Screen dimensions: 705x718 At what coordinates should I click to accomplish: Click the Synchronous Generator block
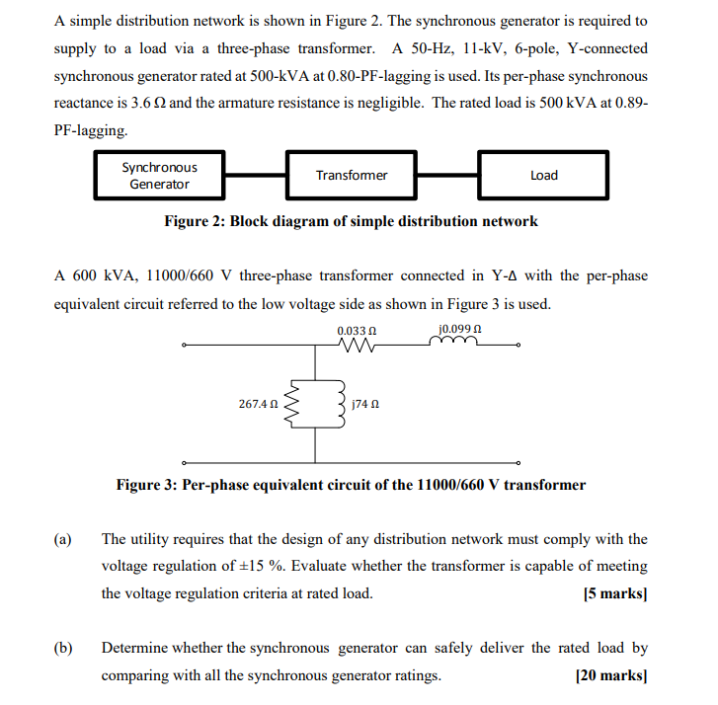tap(160, 176)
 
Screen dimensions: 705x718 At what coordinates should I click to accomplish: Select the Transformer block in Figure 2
tap(352, 176)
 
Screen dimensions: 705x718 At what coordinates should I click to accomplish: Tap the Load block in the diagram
tap(543, 176)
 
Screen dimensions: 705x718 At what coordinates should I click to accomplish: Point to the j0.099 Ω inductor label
tap(456, 331)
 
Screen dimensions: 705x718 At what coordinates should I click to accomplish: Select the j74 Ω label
tap(366, 405)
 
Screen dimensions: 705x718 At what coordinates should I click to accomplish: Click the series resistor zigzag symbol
tap(357, 346)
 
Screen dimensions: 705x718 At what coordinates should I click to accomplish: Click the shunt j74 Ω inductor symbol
tap(340, 404)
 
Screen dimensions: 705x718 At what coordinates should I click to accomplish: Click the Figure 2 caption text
tap(351, 221)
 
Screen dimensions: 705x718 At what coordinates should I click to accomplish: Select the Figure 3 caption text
tap(351, 485)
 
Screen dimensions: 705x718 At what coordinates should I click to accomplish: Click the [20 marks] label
tap(610, 676)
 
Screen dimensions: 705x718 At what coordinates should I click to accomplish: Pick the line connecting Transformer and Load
tap(447, 176)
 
